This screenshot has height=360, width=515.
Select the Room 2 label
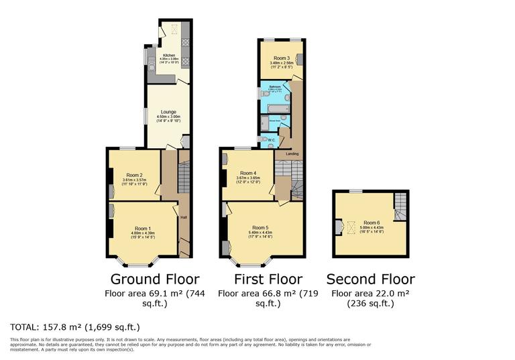click(x=134, y=175)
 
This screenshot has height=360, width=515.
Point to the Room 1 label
click(x=144, y=228)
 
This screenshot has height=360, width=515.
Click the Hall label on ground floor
click(x=183, y=217)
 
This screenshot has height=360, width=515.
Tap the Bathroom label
click(x=274, y=87)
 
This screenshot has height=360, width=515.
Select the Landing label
click(x=292, y=154)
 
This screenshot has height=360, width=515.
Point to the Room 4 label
click(x=248, y=173)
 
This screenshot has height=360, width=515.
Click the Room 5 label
click(x=260, y=227)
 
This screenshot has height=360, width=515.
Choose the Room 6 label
click(x=371, y=222)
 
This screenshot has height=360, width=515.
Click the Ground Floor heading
click(x=145, y=279)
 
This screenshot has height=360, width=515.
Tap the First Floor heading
click(x=268, y=279)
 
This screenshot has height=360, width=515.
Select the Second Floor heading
click(x=370, y=279)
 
